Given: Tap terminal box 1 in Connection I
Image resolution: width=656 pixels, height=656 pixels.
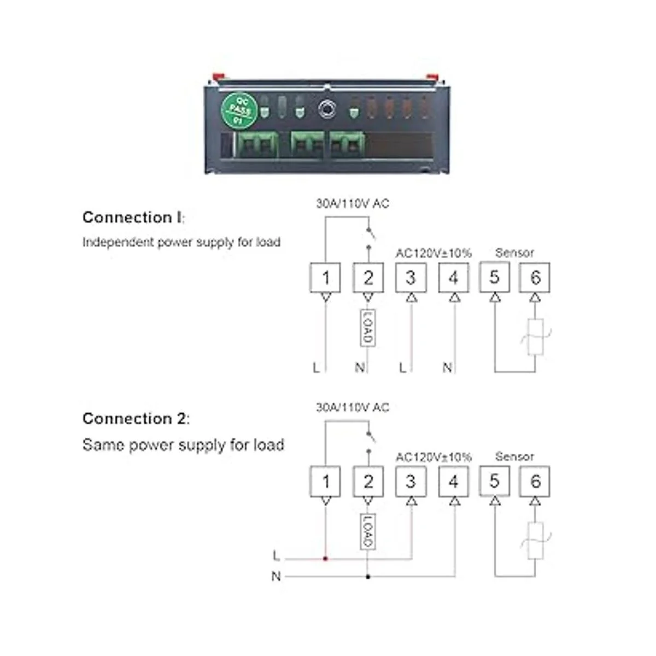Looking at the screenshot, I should click(325, 278).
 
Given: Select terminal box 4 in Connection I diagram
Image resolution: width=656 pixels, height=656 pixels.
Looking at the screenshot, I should click(453, 278).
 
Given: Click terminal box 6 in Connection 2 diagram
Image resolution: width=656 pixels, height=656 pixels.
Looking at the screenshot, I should click(535, 481).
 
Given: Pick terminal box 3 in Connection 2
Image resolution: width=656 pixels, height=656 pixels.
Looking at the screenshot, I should click(411, 481).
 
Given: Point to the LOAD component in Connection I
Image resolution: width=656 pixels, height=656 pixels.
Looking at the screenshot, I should click(367, 328).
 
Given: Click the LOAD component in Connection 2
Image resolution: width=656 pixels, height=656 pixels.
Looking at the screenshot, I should click(368, 531).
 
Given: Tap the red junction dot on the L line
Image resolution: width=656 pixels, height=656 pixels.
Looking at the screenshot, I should click(325, 559).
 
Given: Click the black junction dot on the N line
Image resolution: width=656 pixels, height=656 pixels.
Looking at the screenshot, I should click(368, 576).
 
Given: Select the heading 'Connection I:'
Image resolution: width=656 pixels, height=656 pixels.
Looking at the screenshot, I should click(133, 218).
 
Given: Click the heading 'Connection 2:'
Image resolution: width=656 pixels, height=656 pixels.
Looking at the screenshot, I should click(136, 419).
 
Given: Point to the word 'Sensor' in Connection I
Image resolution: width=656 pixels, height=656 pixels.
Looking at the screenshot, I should click(514, 253).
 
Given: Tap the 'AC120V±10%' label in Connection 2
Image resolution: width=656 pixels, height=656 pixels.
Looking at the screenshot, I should click(433, 456).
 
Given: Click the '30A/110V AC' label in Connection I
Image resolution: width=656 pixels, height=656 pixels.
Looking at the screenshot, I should click(353, 204).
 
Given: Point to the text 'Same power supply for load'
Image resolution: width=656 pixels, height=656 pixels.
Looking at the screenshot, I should click(183, 445).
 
